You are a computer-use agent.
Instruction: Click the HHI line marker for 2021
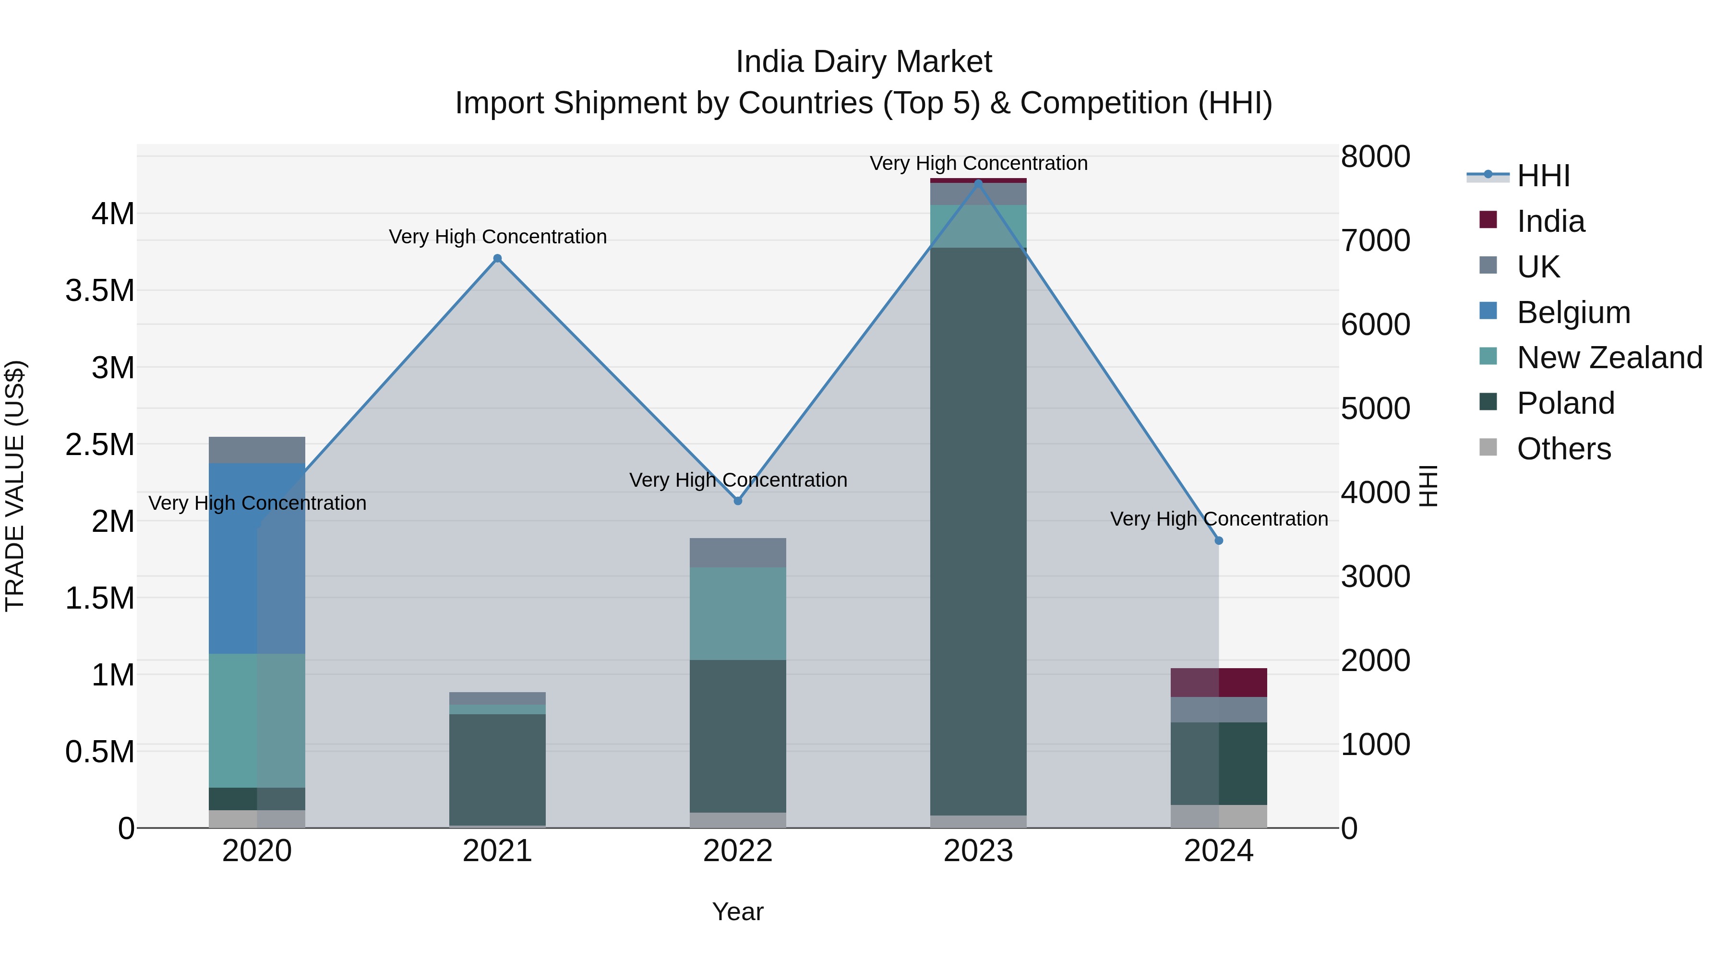point(497,258)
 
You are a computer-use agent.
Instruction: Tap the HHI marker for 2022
point(738,501)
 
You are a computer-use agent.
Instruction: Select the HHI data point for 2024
point(1219,540)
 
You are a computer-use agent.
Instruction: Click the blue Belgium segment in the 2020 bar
point(257,558)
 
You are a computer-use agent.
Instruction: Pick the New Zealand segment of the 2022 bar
point(738,613)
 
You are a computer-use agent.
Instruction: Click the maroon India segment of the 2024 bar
point(1219,682)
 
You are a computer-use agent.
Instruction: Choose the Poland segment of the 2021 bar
point(497,769)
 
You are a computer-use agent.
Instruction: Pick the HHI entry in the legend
point(1543,176)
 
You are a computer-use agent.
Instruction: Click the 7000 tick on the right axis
point(1375,241)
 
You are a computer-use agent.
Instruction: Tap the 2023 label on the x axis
point(978,851)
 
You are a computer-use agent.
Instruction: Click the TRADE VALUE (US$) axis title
point(15,486)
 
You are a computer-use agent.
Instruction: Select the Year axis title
point(738,912)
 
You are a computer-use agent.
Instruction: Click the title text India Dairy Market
point(864,62)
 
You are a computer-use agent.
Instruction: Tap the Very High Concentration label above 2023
point(978,163)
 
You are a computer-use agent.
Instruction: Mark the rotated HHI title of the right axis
point(1429,486)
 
